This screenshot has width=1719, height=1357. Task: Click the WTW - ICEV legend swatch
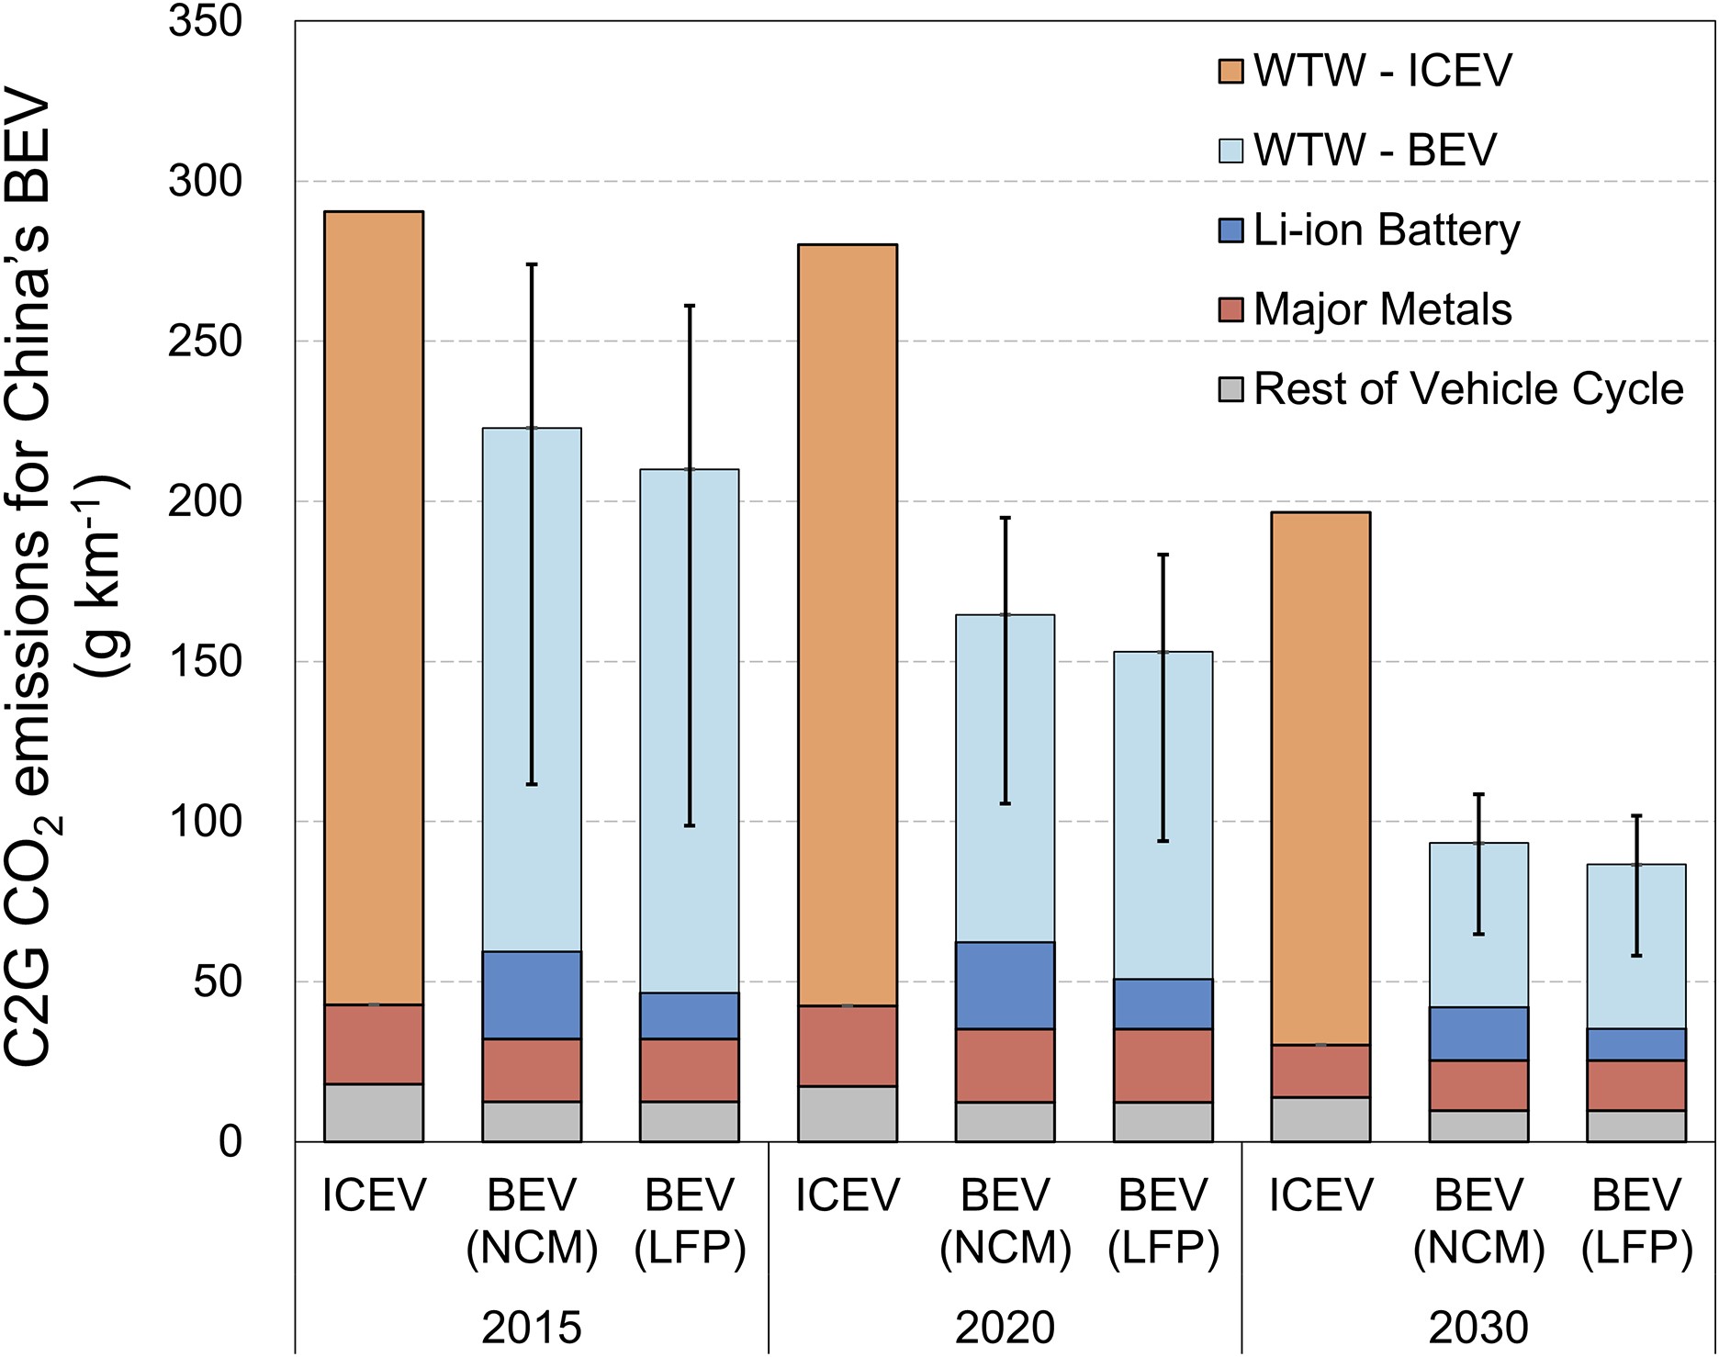[x=1230, y=72]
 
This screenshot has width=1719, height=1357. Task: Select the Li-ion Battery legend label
[x=1387, y=230]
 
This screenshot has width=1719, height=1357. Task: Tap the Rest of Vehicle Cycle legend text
[x=1468, y=389]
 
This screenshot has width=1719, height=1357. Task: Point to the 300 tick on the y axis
[x=205, y=182]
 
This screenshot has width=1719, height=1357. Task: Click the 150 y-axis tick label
[x=205, y=662]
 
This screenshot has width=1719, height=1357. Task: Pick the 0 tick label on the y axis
[x=230, y=1142]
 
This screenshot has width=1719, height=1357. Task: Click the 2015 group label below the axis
[x=532, y=1328]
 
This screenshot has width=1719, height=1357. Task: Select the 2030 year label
[x=1478, y=1328]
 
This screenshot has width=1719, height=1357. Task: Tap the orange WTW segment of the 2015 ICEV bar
[x=374, y=606]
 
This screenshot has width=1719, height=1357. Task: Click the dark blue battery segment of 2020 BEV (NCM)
[x=1006, y=985]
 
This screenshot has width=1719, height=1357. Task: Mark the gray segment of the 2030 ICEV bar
[x=1320, y=1119]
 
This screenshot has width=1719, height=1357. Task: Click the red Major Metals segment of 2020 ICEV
[x=848, y=1046]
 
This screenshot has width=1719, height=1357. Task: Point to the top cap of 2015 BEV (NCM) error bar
[x=532, y=264]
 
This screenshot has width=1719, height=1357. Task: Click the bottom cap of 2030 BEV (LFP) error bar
[x=1636, y=956]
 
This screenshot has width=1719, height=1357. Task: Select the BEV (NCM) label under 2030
[x=1478, y=1221]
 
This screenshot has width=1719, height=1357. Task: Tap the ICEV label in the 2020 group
[x=848, y=1195]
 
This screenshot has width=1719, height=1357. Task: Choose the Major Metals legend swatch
[x=1230, y=310]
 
